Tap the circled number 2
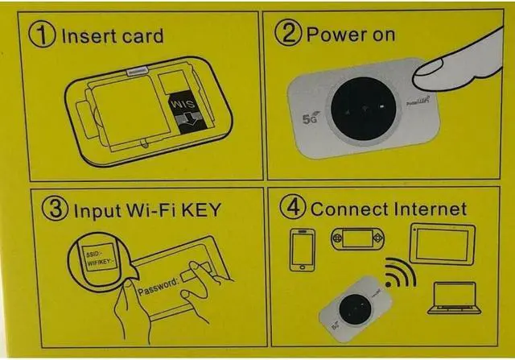[x=286, y=35]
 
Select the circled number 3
[x=55, y=211]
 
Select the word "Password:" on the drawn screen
[x=161, y=283]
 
